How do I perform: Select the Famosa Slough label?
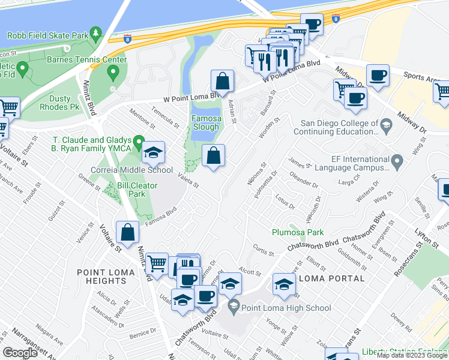pyautogui.click(x=206, y=123)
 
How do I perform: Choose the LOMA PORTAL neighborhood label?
pyautogui.click(x=331, y=278)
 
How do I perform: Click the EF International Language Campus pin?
pyautogui.click(x=396, y=161)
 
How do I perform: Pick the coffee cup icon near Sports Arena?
pyautogui.click(x=378, y=76)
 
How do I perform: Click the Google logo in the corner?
pyautogui.click(x=20, y=352)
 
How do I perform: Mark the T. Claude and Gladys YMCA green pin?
pyautogui.click(x=139, y=143)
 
